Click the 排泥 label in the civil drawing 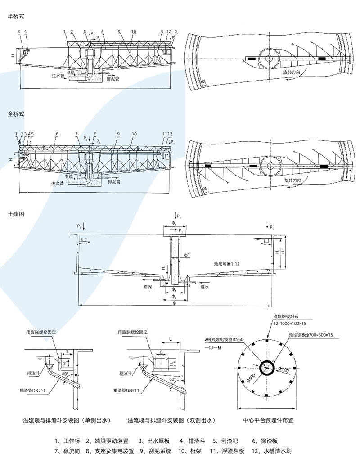pos(148,287)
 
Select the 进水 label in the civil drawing pos(205,287)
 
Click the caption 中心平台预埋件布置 pos(268,421)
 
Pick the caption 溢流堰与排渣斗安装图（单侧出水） pos(67,420)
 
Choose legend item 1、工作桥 pos(67,441)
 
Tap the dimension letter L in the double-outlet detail pos(170,337)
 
